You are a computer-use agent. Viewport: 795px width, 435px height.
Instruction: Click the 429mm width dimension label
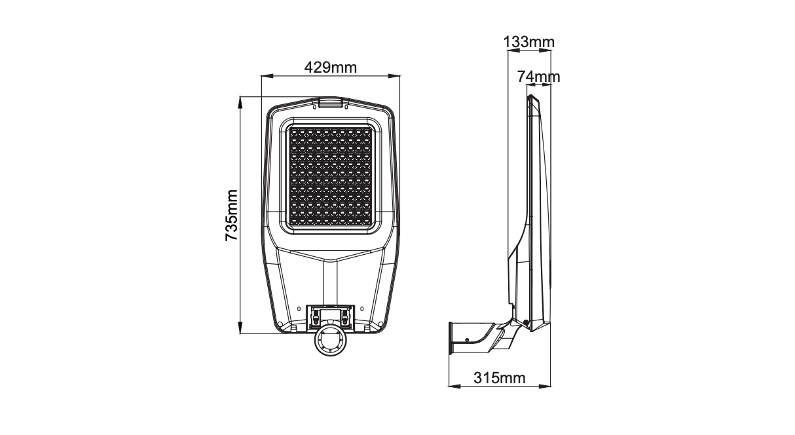click(x=331, y=67)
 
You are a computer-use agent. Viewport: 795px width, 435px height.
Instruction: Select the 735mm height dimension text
click(x=231, y=215)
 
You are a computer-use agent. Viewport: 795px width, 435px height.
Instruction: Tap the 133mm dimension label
click(x=529, y=42)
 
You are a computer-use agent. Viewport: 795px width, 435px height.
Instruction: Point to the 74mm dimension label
click(x=538, y=77)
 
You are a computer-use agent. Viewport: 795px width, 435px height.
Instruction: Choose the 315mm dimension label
click(x=500, y=378)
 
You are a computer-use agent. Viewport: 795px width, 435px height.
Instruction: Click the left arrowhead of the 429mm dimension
click(x=267, y=75)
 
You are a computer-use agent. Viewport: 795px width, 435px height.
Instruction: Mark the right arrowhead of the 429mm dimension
click(x=394, y=75)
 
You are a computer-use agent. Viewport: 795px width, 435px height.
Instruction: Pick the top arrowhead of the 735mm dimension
click(x=240, y=102)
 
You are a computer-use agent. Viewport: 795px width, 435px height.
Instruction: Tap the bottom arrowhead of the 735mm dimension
click(x=240, y=328)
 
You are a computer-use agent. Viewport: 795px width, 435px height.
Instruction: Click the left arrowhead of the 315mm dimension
click(x=454, y=386)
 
